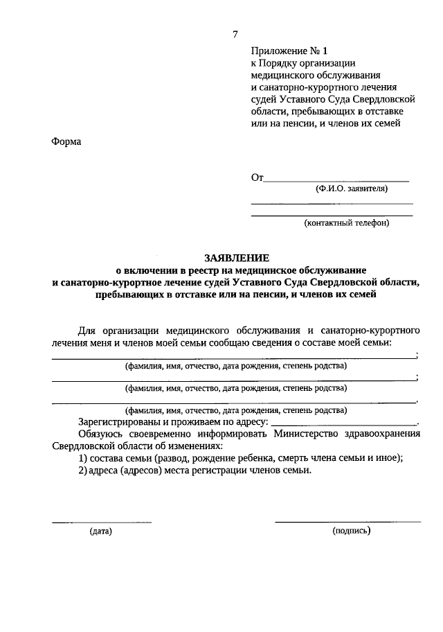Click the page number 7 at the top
235,35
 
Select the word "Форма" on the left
66,142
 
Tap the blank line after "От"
337,180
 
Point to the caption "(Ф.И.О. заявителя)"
350,188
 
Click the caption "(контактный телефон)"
347,222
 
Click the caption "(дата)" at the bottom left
100,532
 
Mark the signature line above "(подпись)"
347,521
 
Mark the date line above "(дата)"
102,521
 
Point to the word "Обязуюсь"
100,434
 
